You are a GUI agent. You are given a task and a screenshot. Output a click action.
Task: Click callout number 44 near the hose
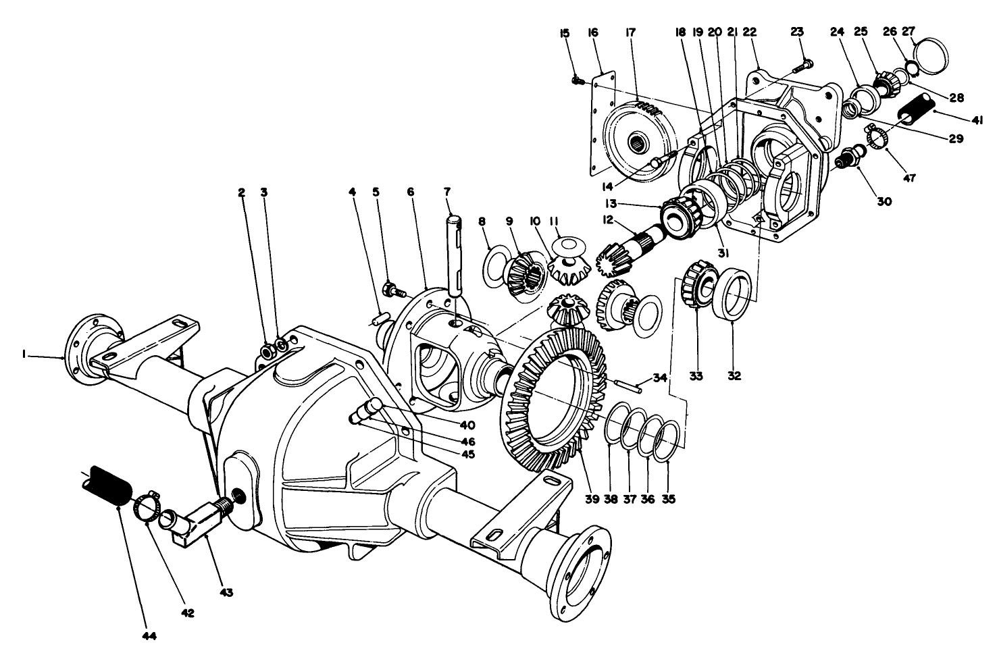point(149,635)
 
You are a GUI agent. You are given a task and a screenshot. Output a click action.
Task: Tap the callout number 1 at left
point(24,353)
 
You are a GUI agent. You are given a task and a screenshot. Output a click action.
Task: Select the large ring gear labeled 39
point(540,398)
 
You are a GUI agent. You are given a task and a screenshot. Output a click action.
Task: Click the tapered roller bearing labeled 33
point(696,285)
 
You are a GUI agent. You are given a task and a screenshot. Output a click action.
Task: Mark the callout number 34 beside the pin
point(660,377)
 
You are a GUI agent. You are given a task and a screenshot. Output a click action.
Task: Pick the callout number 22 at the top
point(750,31)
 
